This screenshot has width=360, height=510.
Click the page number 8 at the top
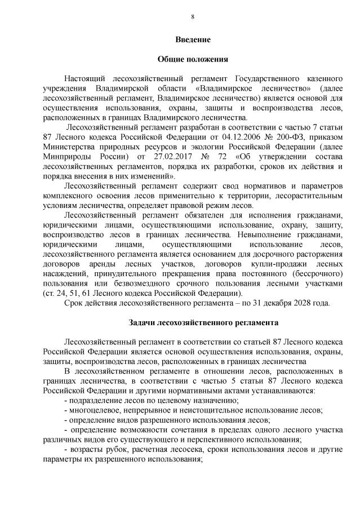193,17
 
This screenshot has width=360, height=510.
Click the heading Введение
193,40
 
